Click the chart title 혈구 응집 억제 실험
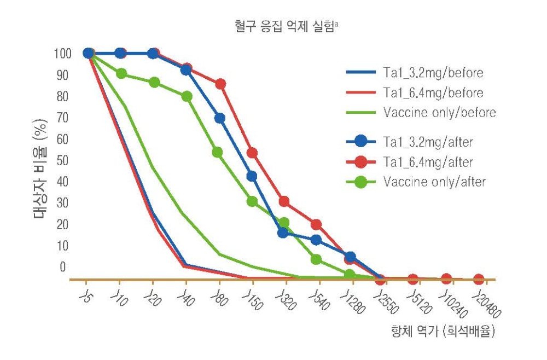[284, 26]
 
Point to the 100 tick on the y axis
[62, 54]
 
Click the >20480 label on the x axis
[487, 306]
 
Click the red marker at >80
[220, 84]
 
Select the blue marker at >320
[283, 233]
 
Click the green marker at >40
[187, 96]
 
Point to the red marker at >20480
[479, 279]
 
